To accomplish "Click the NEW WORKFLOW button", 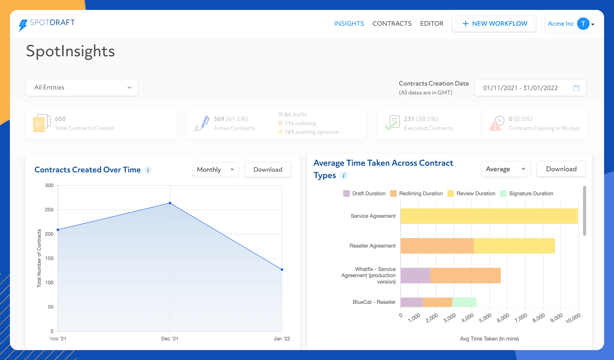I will [494, 24].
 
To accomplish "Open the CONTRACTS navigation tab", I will [392, 24].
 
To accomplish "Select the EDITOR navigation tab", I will [431, 24].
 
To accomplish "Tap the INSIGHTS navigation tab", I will [349, 24].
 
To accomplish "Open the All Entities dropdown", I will [82, 88].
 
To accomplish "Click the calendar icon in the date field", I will [576, 88].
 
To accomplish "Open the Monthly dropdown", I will [215, 170].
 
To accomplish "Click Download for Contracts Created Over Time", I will [268, 170].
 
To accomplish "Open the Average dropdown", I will [505, 169].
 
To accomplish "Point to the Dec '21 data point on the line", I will [170, 203].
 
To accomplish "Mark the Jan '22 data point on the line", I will [282, 270].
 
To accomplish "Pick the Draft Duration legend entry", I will [364, 194].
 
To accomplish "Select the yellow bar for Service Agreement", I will [489, 216].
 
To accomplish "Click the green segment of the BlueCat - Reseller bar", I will [464, 302].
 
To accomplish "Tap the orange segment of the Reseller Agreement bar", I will [437, 246].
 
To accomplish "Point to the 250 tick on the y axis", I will [49, 210].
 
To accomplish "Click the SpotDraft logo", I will [47, 24].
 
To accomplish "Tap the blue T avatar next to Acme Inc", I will [583, 24].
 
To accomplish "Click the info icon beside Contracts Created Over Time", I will [148, 170].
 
